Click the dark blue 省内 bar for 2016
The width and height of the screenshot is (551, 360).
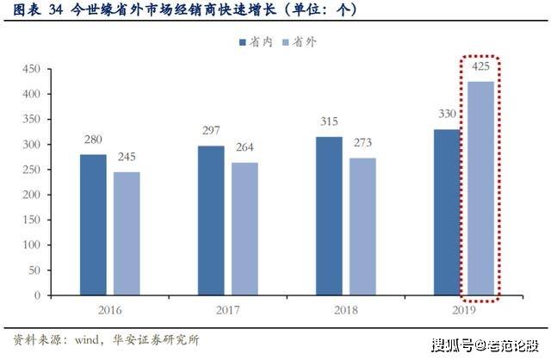[93, 225]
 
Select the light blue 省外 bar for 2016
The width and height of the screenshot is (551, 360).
[126, 233]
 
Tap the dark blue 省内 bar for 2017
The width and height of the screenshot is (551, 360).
[210, 220]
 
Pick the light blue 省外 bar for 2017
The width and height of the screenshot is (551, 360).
[244, 229]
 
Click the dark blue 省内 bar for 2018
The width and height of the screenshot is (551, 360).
[328, 216]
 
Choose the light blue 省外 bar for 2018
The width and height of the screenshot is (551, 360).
[362, 227]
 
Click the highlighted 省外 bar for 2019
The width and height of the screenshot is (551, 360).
[480, 188]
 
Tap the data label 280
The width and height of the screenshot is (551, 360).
[93, 140]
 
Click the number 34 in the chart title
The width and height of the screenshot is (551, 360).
[56, 11]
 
